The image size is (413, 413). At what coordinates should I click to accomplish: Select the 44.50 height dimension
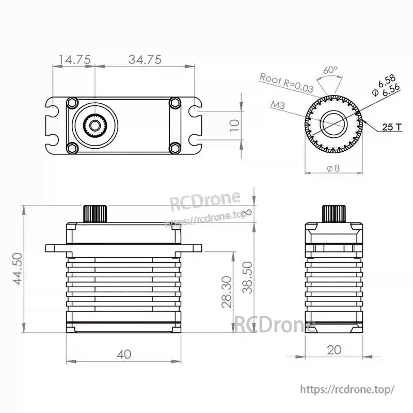(x=18, y=268)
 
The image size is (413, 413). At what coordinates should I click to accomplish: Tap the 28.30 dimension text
(x=226, y=292)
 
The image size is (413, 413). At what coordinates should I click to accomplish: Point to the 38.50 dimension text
(x=249, y=277)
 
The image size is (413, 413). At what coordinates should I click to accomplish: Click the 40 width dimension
(x=124, y=354)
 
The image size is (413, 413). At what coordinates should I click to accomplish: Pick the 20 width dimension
(x=334, y=350)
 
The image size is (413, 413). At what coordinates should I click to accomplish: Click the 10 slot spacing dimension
(x=234, y=125)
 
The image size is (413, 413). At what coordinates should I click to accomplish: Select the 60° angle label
(x=330, y=70)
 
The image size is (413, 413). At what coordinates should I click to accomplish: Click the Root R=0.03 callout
(x=287, y=83)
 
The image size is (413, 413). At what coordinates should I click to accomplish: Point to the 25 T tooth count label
(x=392, y=126)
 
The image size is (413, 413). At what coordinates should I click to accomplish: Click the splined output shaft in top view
(x=95, y=125)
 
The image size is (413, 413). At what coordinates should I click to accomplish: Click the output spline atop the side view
(x=333, y=213)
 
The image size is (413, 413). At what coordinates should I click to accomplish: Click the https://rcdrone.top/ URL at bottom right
(x=347, y=389)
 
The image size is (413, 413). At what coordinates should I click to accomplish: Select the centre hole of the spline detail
(x=333, y=124)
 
